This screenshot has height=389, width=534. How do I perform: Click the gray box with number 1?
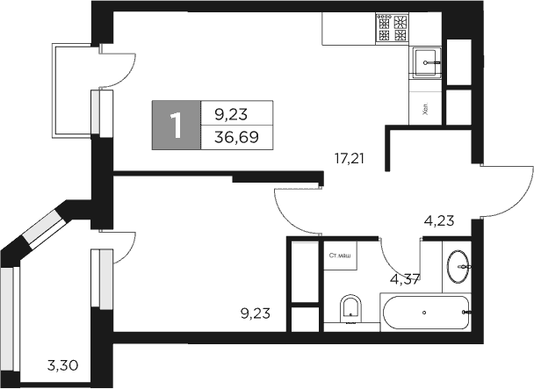(x=177, y=125)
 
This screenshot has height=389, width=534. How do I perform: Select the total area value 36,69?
(x=236, y=137)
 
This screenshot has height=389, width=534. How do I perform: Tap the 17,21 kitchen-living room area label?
(x=349, y=159)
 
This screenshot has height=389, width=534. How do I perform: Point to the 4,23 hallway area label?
(x=438, y=221)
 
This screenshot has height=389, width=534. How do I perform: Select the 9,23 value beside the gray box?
(x=236, y=112)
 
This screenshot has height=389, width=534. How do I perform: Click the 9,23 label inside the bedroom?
(x=256, y=310)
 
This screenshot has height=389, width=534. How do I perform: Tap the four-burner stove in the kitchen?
(x=392, y=28)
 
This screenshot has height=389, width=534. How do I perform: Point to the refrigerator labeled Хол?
(x=425, y=109)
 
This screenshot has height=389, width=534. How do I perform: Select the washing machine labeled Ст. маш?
(x=340, y=256)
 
